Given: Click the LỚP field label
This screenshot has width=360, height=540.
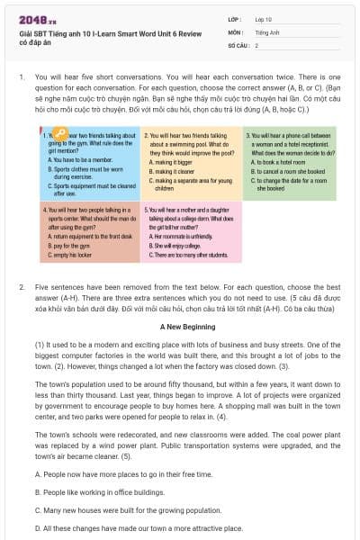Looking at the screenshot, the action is click(235, 18).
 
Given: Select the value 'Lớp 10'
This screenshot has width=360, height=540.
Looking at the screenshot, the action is click(263, 18).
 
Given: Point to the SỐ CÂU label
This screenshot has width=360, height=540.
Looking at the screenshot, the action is click(238, 45).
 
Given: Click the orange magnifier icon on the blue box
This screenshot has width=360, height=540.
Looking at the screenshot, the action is click(58, 136).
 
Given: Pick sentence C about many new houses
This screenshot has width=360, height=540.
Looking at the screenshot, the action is click(131, 510).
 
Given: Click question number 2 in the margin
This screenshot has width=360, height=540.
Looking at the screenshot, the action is click(21, 286).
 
